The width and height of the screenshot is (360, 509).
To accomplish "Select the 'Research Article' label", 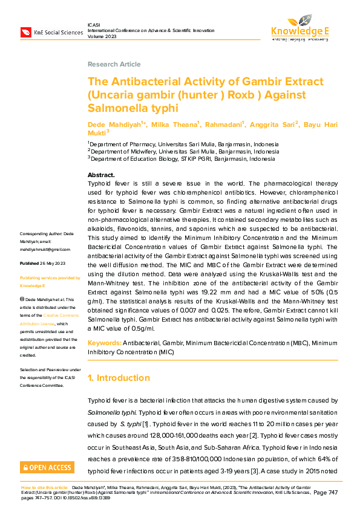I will click(x=114, y=64).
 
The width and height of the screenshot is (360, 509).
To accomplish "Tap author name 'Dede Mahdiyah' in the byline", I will click(x=115, y=124).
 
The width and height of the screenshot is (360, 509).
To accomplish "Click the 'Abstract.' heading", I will click(x=101, y=175).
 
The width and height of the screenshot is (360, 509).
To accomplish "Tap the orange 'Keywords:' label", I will click(x=104, y=343).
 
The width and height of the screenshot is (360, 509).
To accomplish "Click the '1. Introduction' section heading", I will click(x=119, y=378).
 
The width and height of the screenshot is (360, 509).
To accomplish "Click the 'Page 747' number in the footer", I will click(x=328, y=493).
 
